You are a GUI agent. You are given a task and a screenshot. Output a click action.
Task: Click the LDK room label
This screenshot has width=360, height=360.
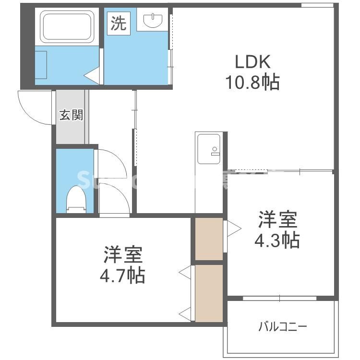coord(253,62)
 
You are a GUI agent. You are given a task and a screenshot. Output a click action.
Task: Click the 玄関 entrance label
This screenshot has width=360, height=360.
coord(72,115)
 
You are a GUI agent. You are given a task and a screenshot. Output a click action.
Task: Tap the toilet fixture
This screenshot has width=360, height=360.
coord(76,198)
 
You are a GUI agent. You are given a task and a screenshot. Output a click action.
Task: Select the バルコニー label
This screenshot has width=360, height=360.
coord(282,327)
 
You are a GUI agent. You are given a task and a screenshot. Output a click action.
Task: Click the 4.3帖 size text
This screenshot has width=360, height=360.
coord(277,240)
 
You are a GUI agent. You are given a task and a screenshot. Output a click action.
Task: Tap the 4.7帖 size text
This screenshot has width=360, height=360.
coord(123,275)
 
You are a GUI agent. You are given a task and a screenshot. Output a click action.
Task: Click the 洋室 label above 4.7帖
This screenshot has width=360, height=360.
coord(123,255)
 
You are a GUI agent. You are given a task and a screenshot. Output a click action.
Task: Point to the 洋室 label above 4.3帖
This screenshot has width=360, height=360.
coord(277,220)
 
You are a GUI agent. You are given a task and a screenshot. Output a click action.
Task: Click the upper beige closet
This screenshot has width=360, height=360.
coord(209,239)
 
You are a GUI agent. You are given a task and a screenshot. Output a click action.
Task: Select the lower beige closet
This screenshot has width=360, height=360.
coord(209,293)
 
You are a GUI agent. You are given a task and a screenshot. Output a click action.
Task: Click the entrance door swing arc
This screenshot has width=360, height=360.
coord(34,108)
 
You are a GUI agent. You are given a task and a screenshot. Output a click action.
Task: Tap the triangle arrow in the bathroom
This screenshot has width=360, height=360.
coord(92,75)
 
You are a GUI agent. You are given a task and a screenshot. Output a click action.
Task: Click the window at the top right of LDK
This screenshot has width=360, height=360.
coord(317,5)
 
